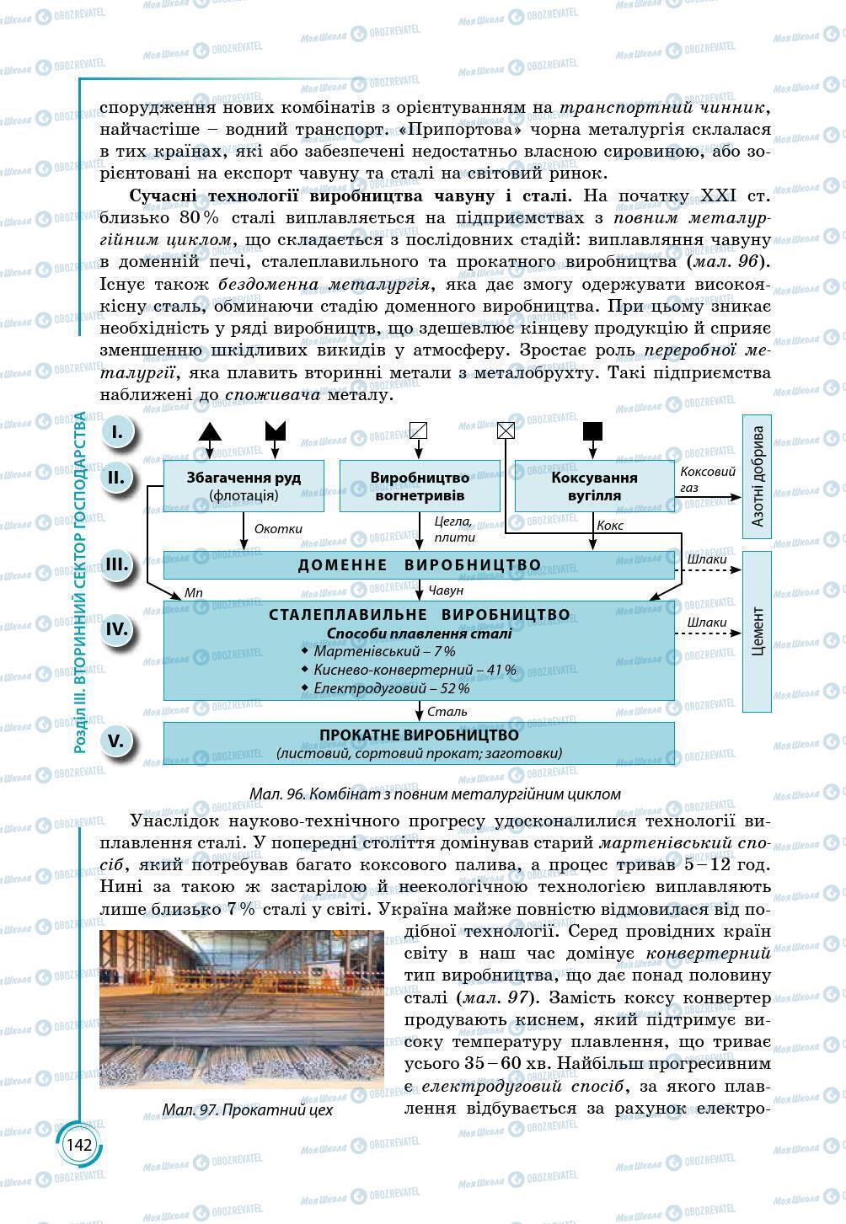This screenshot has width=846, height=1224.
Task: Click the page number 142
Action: (x=78, y=1145)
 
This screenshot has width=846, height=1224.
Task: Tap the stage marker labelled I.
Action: (x=117, y=432)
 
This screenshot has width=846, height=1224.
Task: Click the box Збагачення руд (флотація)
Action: (x=244, y=486)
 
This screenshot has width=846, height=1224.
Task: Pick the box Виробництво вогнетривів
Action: (x=419, y=486)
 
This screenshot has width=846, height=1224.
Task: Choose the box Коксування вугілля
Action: (x=594, y=486)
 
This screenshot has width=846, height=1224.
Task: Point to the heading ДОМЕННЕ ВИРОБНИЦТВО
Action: (x=419, y=564)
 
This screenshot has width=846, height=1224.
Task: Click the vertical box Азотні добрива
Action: (x=757, y=476)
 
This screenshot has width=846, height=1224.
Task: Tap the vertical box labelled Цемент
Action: (x=757, y=631)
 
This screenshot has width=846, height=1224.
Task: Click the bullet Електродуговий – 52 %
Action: (x=390, y=688)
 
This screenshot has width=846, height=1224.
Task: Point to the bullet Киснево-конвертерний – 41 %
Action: (x=413, y=670)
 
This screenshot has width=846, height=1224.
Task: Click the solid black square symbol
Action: (x=593, y=431)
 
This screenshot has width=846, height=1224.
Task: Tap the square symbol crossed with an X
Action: (x=505, y=431)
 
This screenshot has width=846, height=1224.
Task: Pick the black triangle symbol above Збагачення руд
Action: (x=210, y=431)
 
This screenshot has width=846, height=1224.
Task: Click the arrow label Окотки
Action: (x=278, y=529)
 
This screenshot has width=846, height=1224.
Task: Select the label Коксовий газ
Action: (x=707, y=480)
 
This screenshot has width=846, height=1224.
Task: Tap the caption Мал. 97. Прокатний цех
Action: (x=248, y=1109)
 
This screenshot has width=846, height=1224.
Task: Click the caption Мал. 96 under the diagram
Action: (x=435, y=794)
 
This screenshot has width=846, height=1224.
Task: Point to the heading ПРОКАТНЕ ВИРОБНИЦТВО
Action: (x=419, y=735)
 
